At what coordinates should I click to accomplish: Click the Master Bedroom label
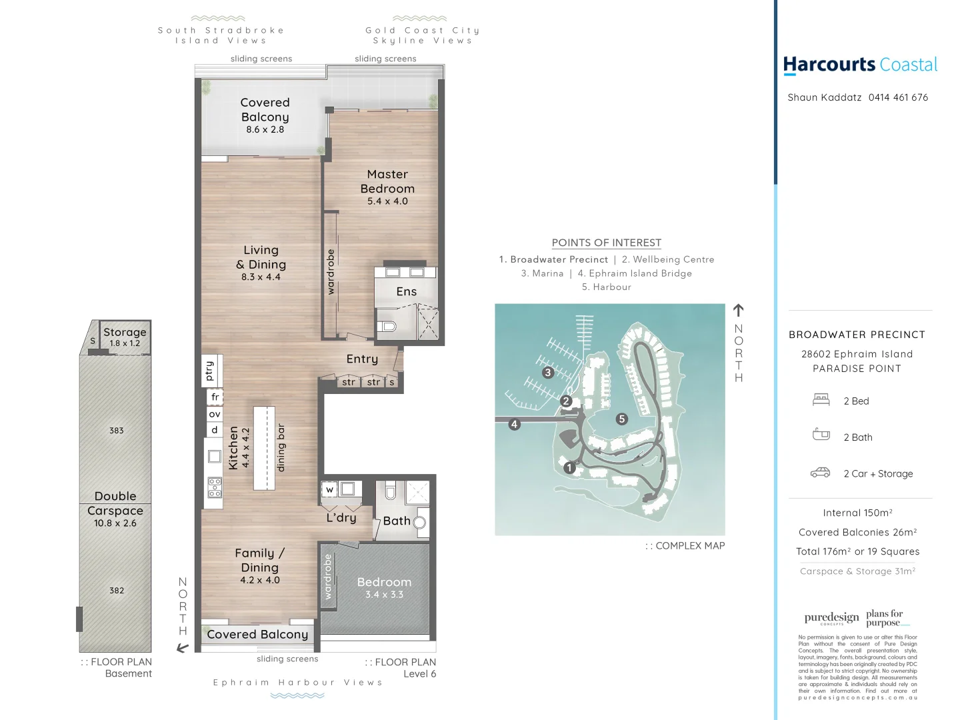(x=387, y=182)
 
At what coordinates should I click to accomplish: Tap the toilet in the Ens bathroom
(x=387, y=326)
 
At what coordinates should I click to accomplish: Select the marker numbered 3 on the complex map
(x=548, y=373)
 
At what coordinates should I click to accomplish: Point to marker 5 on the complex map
(x=622, y=419)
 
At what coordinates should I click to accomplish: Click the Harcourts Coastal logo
(x=860, y=65)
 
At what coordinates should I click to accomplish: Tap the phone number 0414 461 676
(x=898, y=97)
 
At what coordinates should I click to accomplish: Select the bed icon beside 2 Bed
(x=821, y=400)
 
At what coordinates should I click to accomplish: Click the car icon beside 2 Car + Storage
(x=820, y=473)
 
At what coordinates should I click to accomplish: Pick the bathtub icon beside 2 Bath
(x=821, y=435)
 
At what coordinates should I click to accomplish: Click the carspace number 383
(x=117, y=431)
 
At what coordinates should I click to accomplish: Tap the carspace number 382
(x=117, y=591)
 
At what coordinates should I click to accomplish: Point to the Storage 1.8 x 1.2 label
(x=125, y=337)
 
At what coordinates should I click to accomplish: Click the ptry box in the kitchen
(x=210, y=371)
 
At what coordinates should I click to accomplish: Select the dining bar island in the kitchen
(x=264, y=448)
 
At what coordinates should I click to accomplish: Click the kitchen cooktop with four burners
(x=215, y=487)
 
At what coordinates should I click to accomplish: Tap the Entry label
(x=362, y=359)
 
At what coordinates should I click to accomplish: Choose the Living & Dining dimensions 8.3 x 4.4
(x=261, y=277)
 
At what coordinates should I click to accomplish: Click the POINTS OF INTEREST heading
(x=606, y=243)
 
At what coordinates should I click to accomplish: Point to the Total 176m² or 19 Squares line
(x=857, y=552)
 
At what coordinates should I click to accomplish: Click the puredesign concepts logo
(x=831, y=618)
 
